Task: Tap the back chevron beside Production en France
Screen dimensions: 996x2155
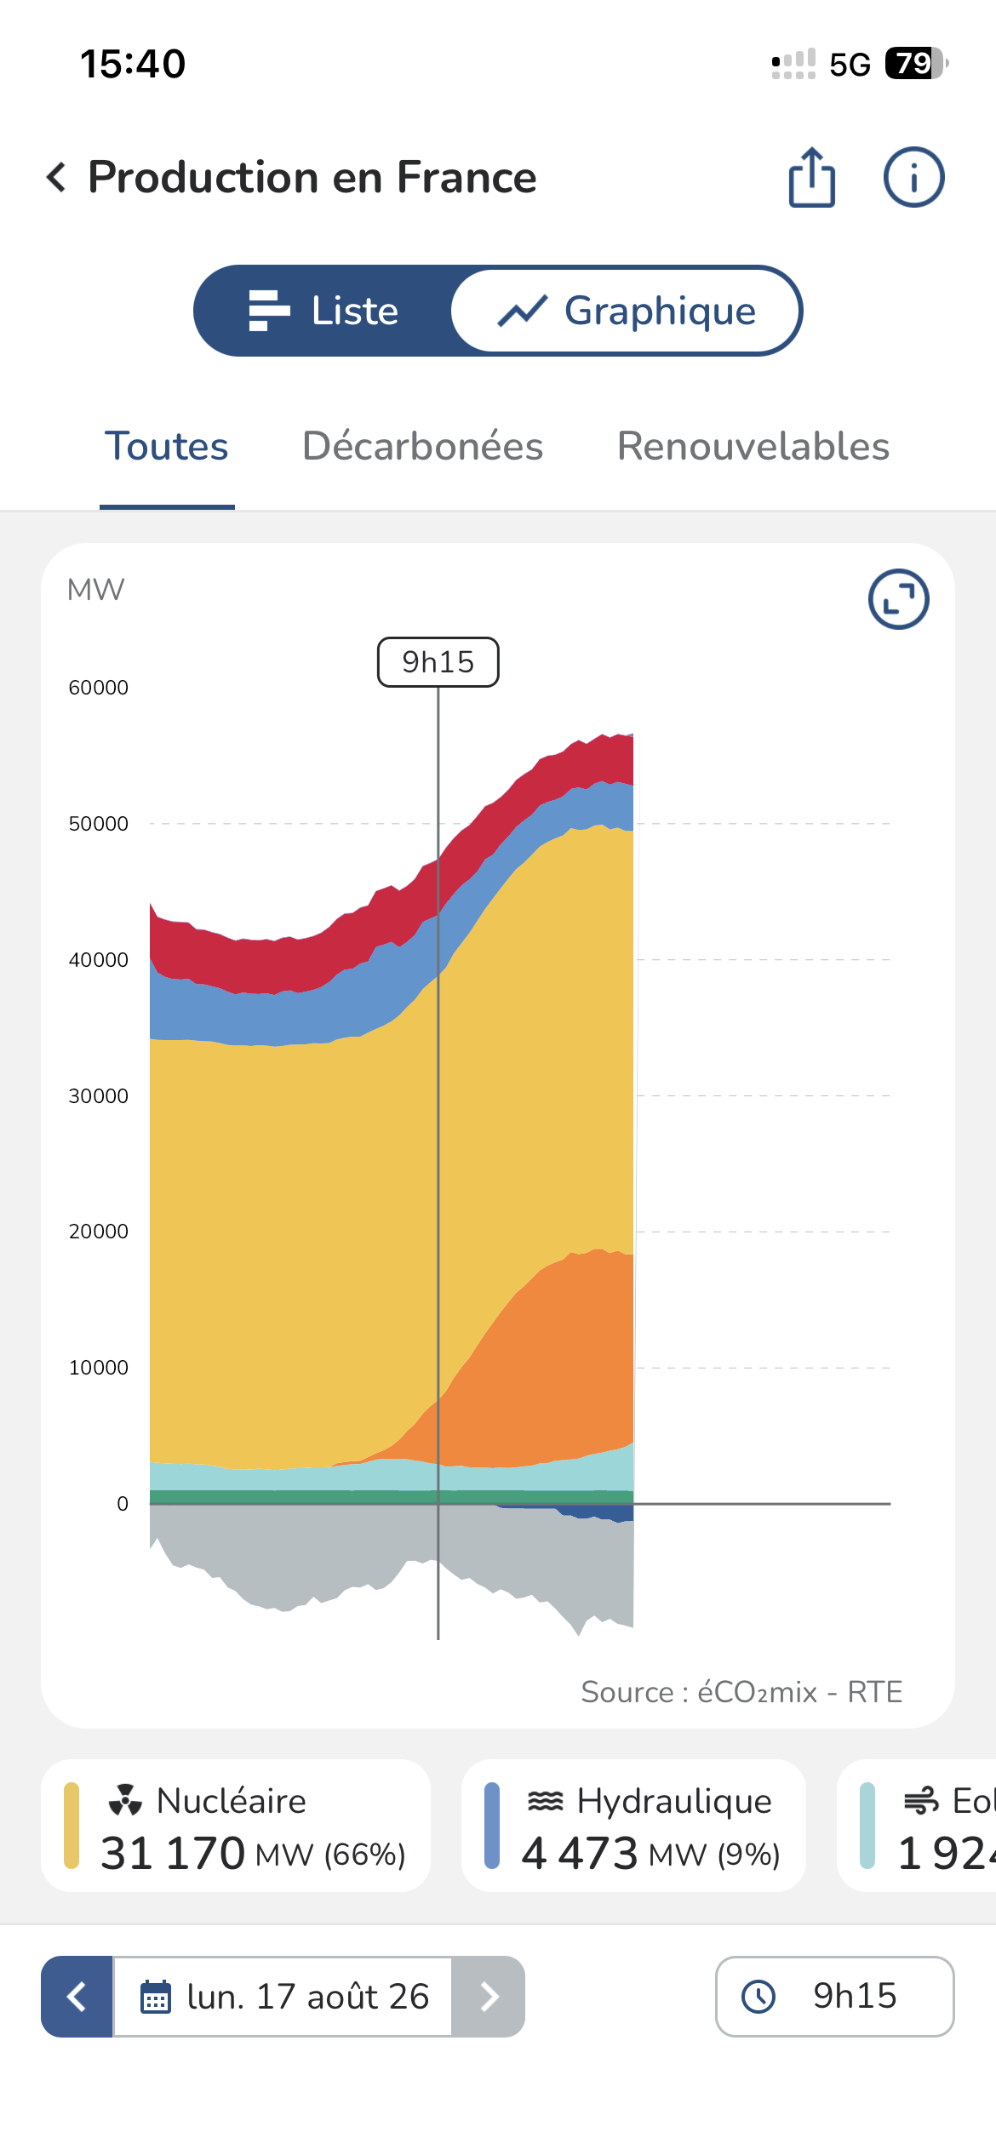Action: click(x=56, y=177)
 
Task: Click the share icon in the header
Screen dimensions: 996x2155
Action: click(x=812, y=177)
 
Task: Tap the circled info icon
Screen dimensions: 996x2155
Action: click(x=913, y=177)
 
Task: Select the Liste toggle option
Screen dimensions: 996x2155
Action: click(x=323, y=311)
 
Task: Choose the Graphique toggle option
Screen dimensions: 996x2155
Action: click(x=627, y=311)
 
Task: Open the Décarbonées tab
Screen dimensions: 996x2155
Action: click(x=423, y=446)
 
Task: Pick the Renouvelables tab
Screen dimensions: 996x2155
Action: click(x=753, y=446)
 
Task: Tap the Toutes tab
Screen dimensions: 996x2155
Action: click(x=167, y=446)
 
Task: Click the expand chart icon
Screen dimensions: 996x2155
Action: click(x=898, y=599)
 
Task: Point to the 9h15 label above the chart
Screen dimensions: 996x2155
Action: click(x=438, y=662)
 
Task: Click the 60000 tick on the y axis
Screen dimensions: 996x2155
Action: click(x=99, y=688)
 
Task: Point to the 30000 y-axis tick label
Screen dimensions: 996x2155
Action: click(x=99, y=1096)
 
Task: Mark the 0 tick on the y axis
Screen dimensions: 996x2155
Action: click(x=123, y=1504)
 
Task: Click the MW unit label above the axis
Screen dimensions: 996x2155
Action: click(x=95, y=590)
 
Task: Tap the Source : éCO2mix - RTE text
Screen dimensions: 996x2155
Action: click(x=741, y=1692)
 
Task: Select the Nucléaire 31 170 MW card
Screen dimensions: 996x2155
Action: click(x=236, y=1826)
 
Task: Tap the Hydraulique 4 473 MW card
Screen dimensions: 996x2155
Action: click(x=633, y=1826)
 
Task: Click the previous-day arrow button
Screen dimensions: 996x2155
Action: click(x=77, y=1997)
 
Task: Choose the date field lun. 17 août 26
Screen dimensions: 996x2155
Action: click(x=283, y=1997)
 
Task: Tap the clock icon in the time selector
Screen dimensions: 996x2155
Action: click(x=758, y=1997)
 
